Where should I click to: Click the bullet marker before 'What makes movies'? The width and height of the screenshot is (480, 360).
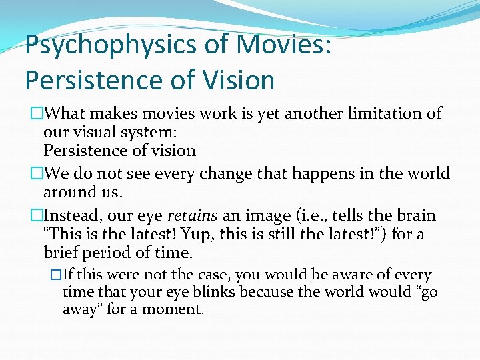click(x=36, y=114)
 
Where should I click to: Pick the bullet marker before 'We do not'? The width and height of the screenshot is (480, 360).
click(x=36, y=174)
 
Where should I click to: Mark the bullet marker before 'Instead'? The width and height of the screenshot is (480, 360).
click(x=36, y=216)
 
